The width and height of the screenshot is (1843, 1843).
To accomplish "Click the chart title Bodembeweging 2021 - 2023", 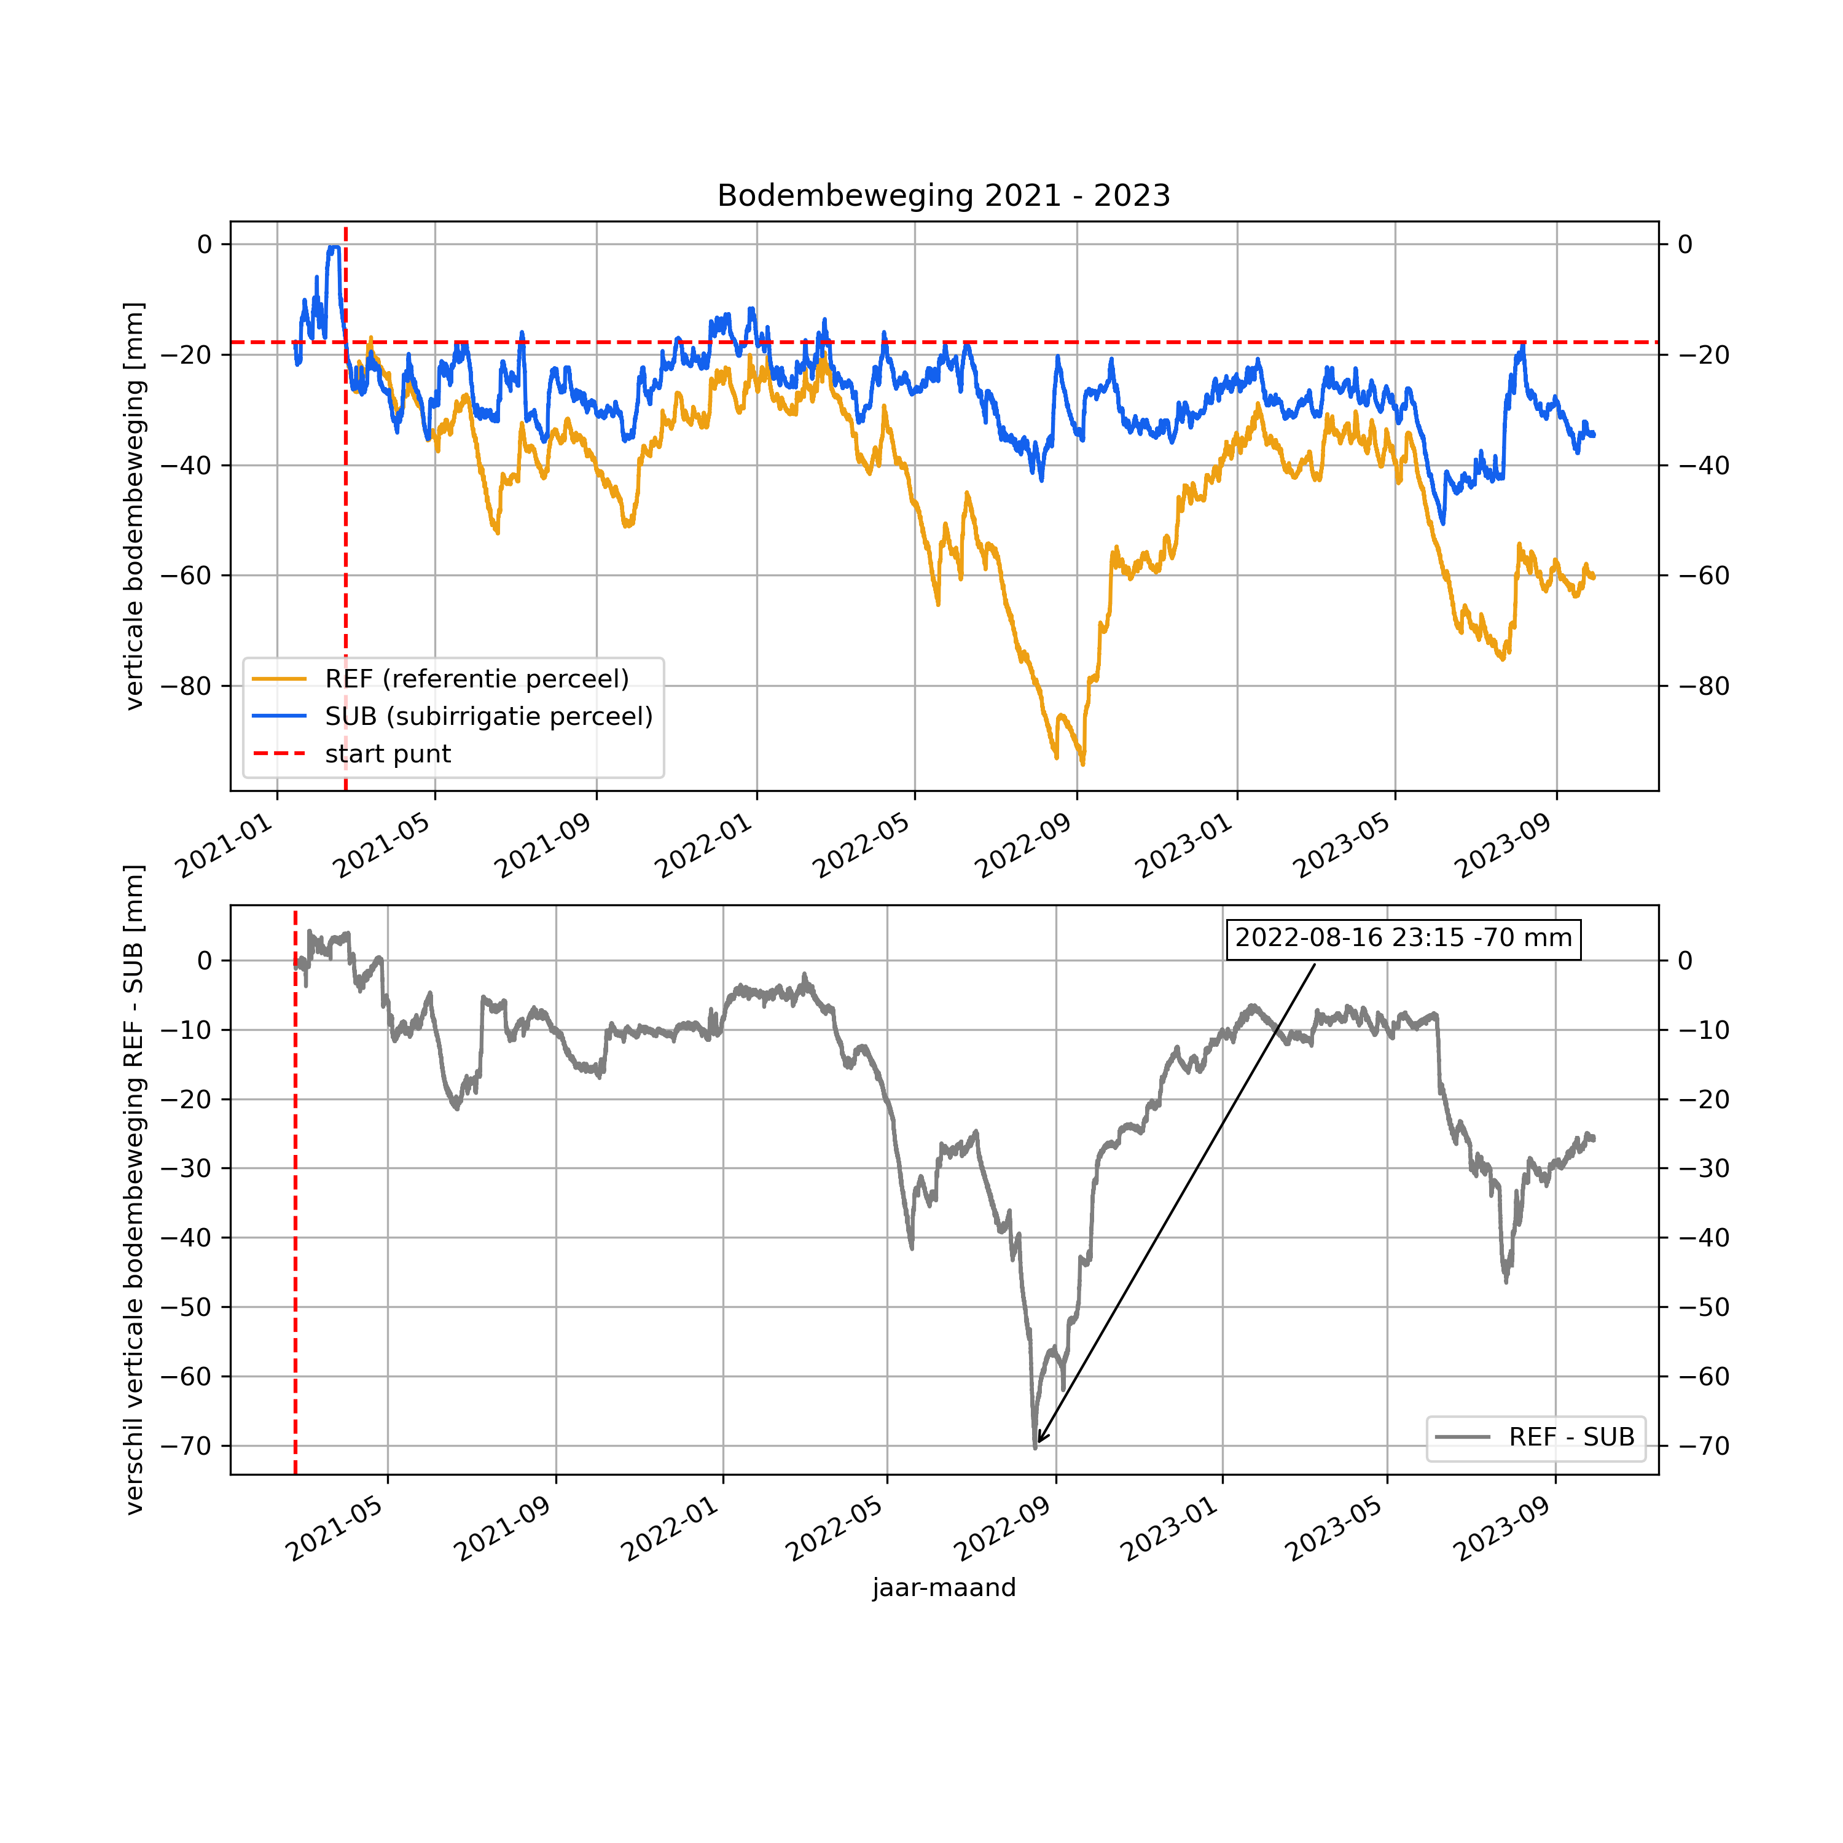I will point(944,195).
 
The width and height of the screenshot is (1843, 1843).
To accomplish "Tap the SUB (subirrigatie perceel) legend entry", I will point(488,716).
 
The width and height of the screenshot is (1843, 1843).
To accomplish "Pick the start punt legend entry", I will point(387,754).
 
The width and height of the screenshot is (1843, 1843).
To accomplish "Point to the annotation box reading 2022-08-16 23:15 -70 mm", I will point(1403,937).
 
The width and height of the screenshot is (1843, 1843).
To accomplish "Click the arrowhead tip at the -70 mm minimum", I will point(1037,1444).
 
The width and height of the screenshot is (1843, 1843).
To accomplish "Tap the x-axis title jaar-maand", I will point(944,1587).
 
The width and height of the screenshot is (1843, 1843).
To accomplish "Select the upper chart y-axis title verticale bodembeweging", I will point(135,506).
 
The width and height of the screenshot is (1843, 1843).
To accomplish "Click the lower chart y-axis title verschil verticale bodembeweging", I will point(135,1189).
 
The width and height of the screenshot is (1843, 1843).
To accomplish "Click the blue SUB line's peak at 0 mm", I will point(333,247).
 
